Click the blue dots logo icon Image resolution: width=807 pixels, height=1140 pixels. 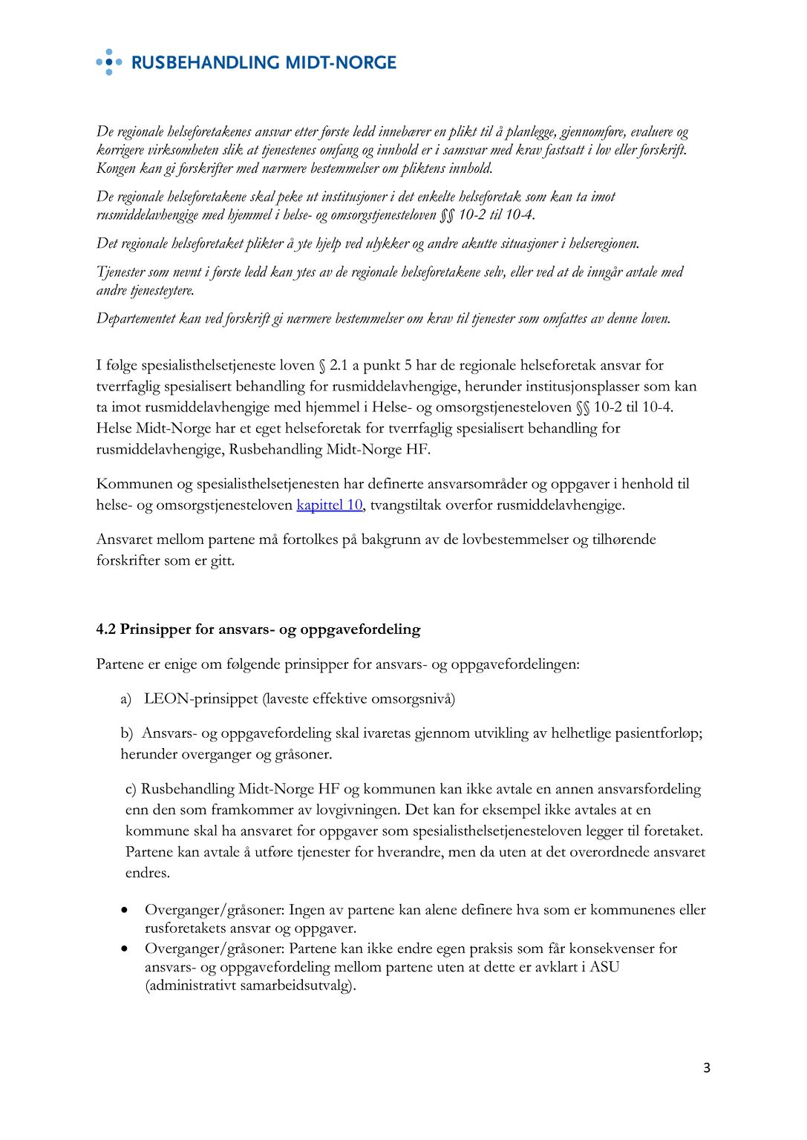click(x=109, y=62)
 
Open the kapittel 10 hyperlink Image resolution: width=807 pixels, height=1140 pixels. click(x=329, y=505)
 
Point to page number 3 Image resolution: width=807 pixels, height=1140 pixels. click(x=707, y=1068)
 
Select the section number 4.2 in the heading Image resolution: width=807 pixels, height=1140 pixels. click(x=106, y=629)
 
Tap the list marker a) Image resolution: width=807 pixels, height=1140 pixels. click(x=125, y=699)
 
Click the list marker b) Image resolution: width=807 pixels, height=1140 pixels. click(x=127, y=733)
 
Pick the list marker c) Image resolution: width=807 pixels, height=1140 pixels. click(x=131, y=789)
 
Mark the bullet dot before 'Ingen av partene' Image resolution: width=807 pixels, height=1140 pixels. click(x=127, y=910)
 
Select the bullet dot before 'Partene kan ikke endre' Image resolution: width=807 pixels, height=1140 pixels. click(x=127, y=949)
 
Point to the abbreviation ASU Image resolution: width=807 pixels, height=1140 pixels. click(x=604, y=967)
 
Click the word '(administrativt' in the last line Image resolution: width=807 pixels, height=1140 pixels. click(x=190, y=986)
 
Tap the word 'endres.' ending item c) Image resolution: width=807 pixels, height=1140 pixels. click(x=148, y=873)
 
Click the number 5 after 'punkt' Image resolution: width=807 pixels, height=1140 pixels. click(x=408, y=365)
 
